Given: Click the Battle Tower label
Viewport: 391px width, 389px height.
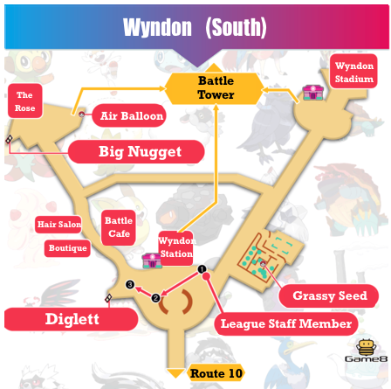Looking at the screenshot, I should (216, 87).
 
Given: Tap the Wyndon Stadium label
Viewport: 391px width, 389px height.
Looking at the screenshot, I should (353, 72).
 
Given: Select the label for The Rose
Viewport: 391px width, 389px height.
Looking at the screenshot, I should (24, 101).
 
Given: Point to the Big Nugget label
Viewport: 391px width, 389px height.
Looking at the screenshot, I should (139, 152).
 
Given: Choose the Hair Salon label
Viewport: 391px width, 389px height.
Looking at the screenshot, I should (58, 225).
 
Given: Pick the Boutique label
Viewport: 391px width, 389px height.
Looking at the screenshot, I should (67, 248).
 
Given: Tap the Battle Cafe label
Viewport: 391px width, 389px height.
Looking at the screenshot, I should (119, 227).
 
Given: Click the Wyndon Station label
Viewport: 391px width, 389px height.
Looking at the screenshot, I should (175, 247).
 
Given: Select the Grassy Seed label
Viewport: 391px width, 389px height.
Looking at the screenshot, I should (329, 295).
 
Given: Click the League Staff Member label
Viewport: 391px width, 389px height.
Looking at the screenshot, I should (285, 324).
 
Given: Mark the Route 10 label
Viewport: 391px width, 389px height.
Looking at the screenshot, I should (216, 373).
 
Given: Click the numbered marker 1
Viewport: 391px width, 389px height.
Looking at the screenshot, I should (202, 269).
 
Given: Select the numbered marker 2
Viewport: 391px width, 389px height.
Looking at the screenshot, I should (156, 298).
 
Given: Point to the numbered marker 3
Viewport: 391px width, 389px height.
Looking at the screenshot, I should (130, 284).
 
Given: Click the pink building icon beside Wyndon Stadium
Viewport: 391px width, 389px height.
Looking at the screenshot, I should (312, 92).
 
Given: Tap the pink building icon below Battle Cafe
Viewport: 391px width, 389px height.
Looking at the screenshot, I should (151, 260).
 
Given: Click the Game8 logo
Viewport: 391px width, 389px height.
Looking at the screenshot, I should (366, 351).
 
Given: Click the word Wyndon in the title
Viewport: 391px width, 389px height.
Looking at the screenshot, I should (156, 27).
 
